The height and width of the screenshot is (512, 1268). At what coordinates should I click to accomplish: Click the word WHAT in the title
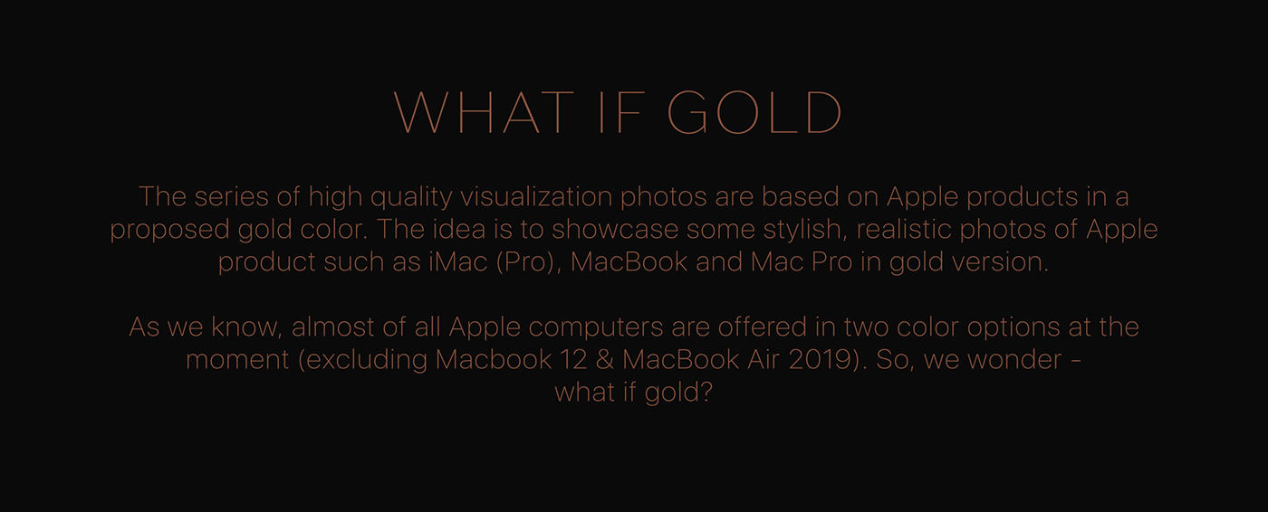[x=484, y=113]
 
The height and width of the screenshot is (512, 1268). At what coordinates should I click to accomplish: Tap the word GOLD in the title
[x=755, y=113]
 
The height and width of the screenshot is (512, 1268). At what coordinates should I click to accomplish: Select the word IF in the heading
[x=621, y=113]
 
